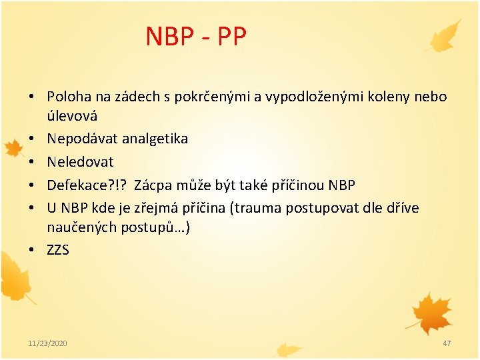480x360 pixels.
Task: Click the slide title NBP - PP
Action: pyautogui.click(x=196, y=37)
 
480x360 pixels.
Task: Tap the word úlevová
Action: pyautogui.click(x=72, y=115)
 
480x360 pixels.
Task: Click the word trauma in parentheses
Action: pyautogui.click(x=256, y=208)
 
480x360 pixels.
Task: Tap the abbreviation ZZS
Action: pyautogui.click(x=58, y=250)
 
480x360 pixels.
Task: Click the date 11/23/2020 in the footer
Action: pyautogui.click(x=47, y=343)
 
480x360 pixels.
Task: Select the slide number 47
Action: pyautogui.click(x=447, y=343)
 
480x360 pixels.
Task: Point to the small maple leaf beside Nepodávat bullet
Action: pyautogui.click(x=12, y=147)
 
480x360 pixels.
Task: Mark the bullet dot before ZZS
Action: pyautogui.click(x=32, y=251)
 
